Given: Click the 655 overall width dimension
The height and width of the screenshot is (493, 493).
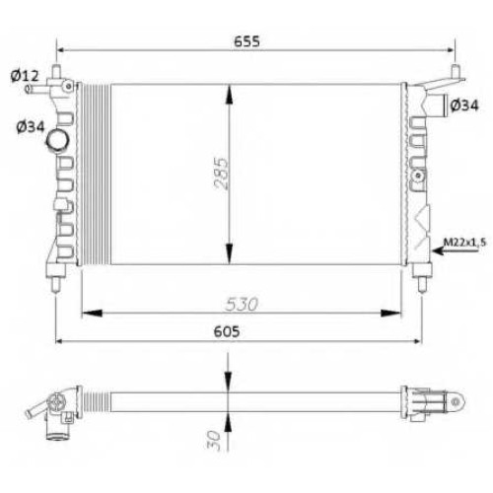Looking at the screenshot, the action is pos(246,41).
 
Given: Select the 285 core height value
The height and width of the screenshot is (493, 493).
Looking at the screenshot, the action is pos(221,174).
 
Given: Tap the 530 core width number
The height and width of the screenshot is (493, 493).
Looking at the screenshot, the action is pos(242,305).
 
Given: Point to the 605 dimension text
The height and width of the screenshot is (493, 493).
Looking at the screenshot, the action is pos(227,331).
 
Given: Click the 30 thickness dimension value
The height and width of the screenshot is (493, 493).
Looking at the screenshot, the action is pos(213,440).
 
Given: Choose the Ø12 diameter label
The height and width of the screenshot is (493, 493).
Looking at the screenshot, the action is pos(25,76).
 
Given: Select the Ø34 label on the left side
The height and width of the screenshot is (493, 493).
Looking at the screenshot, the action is pos(31,127).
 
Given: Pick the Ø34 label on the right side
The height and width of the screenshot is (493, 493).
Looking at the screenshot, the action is pos(464,106).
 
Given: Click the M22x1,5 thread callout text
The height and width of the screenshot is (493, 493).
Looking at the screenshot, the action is pos(464,243).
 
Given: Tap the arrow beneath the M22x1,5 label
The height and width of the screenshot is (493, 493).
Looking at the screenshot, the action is pos(456,251).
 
